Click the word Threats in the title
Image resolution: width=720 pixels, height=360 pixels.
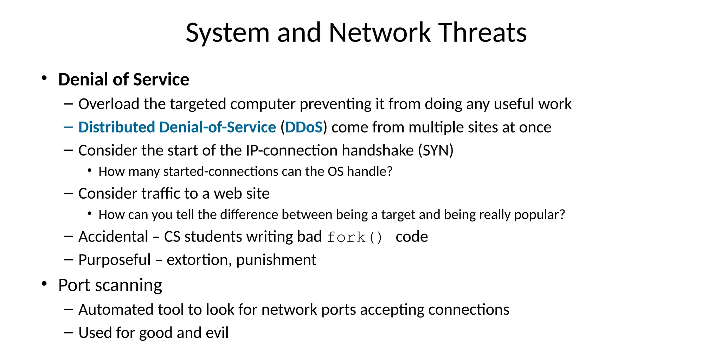click(482, 32)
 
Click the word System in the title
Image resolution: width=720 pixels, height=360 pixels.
click(227, 33)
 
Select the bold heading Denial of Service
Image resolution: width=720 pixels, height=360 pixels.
click(123, 79)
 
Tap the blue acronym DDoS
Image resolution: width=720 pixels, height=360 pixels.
click(304, 127)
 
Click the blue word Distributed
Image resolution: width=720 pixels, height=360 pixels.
click(116, 127)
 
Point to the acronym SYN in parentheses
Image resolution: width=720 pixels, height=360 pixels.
click(436, 150)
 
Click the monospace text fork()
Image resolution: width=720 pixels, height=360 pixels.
click(354, 237)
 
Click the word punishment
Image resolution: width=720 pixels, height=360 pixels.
click(276, 260)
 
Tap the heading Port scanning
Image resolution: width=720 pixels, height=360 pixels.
click(110, 285)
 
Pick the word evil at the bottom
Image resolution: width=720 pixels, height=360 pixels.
click(217, 333)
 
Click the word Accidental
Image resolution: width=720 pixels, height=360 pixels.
click(113, 237)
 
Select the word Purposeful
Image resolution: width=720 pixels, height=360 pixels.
click(114, 260)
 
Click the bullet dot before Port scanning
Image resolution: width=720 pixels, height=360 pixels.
click(44, 283)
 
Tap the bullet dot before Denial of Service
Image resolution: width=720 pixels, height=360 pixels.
click(44, 78)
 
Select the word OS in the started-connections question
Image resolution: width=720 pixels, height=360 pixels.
click(335, 172)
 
